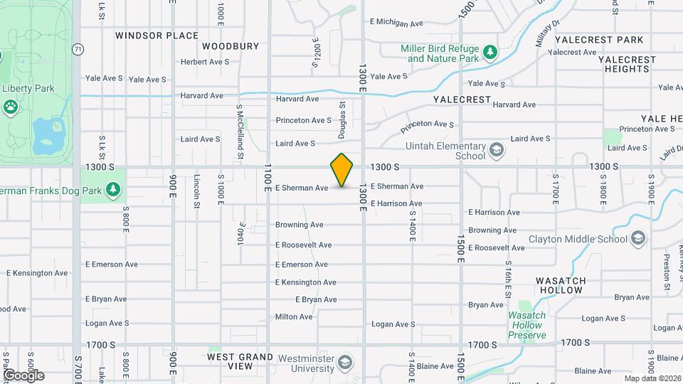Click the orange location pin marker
341,170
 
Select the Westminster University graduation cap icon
345,363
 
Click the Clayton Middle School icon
638,238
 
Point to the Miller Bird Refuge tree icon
489,53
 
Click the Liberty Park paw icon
11,107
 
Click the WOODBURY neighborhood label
231,46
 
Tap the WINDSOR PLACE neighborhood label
157,35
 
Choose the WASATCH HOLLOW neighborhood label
561,284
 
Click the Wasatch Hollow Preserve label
526,325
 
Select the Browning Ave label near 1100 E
299,225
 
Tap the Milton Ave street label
294,316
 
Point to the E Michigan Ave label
397,23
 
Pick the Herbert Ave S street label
205,62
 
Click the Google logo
23,375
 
